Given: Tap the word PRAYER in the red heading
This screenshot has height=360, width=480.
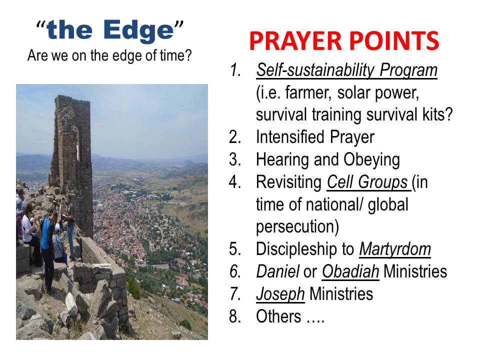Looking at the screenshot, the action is point(295,40).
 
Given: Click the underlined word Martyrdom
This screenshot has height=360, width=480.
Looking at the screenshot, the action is point(395,249).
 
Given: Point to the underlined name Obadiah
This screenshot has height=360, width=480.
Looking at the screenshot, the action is point(350,271).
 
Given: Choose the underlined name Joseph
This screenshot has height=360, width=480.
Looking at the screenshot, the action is point(280,294).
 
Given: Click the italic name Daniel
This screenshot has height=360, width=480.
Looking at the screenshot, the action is point(277,271).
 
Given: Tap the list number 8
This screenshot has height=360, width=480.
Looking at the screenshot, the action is point(235,316).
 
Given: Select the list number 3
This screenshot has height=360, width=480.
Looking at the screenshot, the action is point(235,159).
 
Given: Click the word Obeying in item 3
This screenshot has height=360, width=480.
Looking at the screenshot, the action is point(371,160).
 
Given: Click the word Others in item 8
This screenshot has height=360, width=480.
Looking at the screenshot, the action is point(278,316).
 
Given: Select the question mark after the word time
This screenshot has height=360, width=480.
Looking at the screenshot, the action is point(188,55).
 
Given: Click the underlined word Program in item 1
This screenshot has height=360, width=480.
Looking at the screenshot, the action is point(408,70).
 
